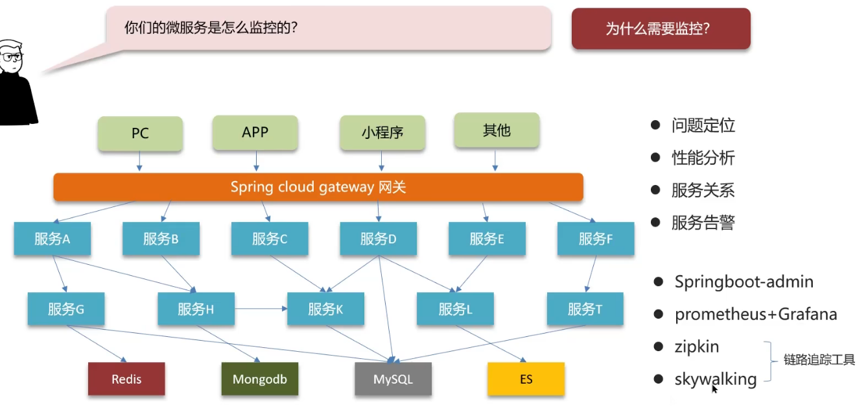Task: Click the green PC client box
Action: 140,134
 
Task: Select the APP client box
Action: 255,132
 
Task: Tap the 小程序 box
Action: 382,133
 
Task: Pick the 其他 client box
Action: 497,130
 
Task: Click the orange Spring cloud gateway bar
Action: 318,187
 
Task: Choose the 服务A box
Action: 53,239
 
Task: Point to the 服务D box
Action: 379,239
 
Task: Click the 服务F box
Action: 596,239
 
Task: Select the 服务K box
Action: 326,309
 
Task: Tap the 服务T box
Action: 585,309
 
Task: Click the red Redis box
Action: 126,379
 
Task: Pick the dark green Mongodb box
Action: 260,379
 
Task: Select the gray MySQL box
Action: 393,379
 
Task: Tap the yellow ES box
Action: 526,379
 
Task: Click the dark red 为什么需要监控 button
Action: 661,29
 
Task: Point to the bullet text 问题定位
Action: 703,126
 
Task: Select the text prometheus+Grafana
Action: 756,315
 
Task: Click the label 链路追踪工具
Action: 819,360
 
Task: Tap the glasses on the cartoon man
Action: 11,57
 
